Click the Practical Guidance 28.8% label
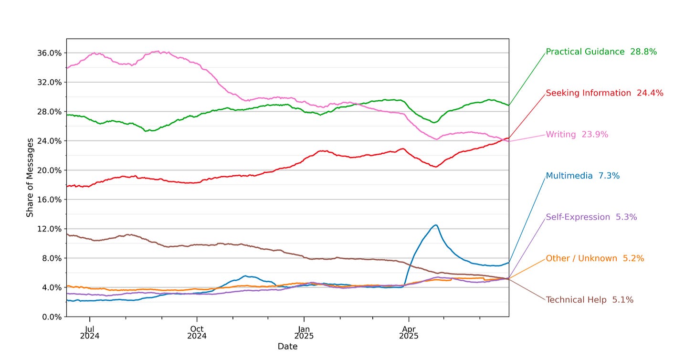[601, 52]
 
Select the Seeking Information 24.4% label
[604, 93]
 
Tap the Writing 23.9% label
[577, 135]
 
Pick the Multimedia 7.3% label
[582, 176]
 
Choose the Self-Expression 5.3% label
[591, 217]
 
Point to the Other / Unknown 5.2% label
[595, 258]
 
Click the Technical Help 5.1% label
[590, 300]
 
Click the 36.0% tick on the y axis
[49, 53]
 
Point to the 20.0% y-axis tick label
[49, 170]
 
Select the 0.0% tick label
[51, 317]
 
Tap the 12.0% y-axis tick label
[49, 229]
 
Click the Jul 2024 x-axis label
[90, 333]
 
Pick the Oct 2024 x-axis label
[197, 333]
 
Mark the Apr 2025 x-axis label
[409, 333]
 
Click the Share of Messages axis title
[30, 178]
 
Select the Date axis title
[287, 347]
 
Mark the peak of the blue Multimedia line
[435, 225]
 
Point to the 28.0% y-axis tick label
[49, 112]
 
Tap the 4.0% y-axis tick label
[51, 287]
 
